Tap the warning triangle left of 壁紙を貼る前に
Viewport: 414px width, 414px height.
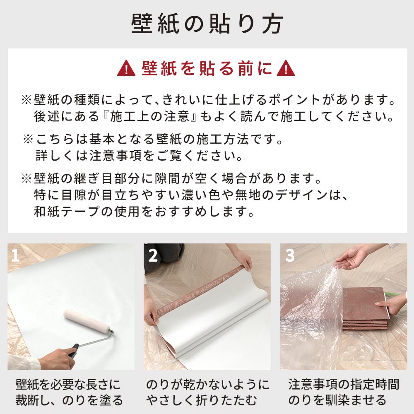(x=126, y=69)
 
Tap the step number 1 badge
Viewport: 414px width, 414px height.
(x=16, y=256)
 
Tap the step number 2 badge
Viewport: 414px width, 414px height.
(x=153, y=256)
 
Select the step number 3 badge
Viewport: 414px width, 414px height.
(x=289, y=256)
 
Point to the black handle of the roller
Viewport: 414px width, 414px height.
(x=73, y=351)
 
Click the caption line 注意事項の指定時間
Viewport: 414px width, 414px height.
(x=343, y=385)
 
